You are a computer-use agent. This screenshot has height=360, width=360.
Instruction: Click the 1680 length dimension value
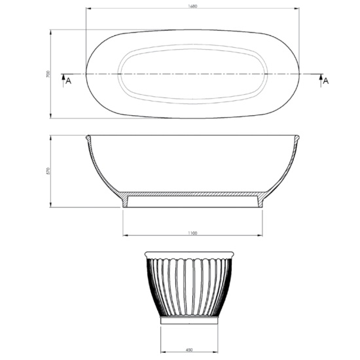(192, 6)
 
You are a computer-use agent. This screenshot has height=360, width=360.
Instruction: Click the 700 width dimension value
(48, 74)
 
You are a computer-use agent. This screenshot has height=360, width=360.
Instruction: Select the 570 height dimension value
(48, 171)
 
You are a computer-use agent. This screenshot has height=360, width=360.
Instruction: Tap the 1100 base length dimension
(192, 233)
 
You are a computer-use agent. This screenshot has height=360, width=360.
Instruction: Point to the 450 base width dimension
(189, 350)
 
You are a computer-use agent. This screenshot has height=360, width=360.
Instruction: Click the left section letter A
(69, 81)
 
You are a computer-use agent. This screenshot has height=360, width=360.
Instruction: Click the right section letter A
(326, 81)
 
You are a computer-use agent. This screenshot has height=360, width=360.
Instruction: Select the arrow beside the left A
(63, 81)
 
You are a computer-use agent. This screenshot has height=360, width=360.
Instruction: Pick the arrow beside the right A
(321, 81)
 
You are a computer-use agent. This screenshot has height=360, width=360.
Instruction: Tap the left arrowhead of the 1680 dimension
(88, 9)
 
